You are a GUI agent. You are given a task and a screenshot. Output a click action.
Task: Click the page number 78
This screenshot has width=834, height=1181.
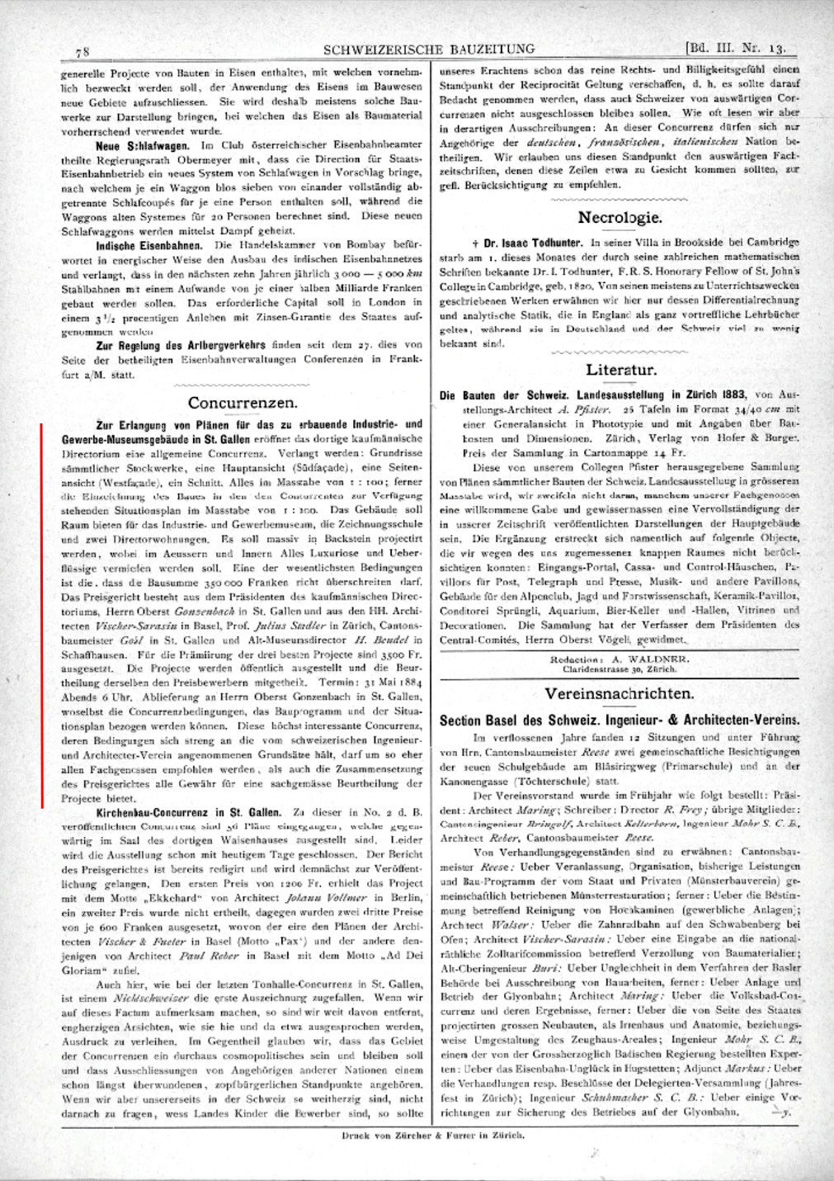(82, 51)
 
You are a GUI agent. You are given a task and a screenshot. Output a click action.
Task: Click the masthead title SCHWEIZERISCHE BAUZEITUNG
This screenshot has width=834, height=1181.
(429, 50)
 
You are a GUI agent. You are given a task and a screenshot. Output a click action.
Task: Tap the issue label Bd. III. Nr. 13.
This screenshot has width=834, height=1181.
(735, 48)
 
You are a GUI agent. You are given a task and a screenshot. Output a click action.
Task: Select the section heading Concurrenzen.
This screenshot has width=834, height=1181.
(243, 403)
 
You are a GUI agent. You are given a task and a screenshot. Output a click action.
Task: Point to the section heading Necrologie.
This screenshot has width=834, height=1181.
(620, 218)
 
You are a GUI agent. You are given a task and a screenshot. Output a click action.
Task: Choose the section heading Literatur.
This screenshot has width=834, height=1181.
(621, 370)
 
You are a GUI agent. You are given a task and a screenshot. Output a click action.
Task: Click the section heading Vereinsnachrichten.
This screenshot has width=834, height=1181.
(619, 693)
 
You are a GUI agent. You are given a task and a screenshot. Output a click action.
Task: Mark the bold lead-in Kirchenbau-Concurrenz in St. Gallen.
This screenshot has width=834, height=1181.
(188, 813)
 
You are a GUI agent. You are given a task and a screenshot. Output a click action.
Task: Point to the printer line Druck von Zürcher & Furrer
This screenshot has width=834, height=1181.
(432, 1135)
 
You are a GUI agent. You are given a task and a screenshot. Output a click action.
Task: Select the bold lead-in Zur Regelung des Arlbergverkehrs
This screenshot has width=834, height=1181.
(180, 345)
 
